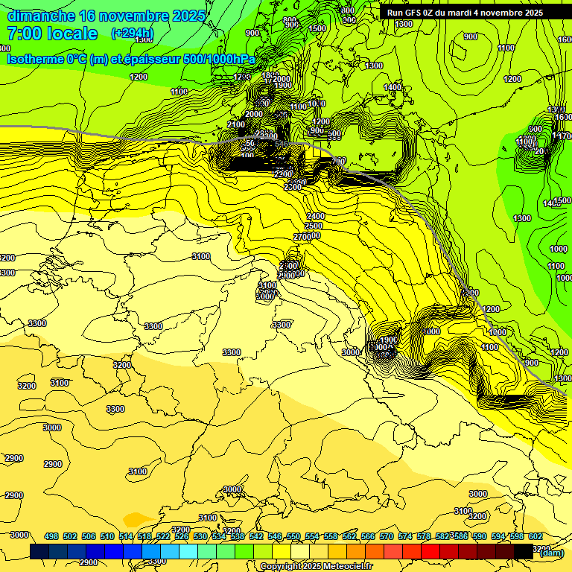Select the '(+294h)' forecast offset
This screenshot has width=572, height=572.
pos(132,34)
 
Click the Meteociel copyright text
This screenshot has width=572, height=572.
pos(316,567)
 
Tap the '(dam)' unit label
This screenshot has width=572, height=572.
pos(551,553)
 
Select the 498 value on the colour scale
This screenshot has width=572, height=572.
pos(51,536)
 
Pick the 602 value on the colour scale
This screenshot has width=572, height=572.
pos(536,536)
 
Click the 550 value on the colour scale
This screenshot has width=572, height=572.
pos(293,536)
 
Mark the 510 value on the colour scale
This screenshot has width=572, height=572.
pos(107,536)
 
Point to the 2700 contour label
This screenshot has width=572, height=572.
pos(302,236)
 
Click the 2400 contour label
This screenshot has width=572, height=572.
pos(315,216)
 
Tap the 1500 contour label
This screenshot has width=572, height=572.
pos(317,28)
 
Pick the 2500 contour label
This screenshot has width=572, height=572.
pos(314,226)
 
